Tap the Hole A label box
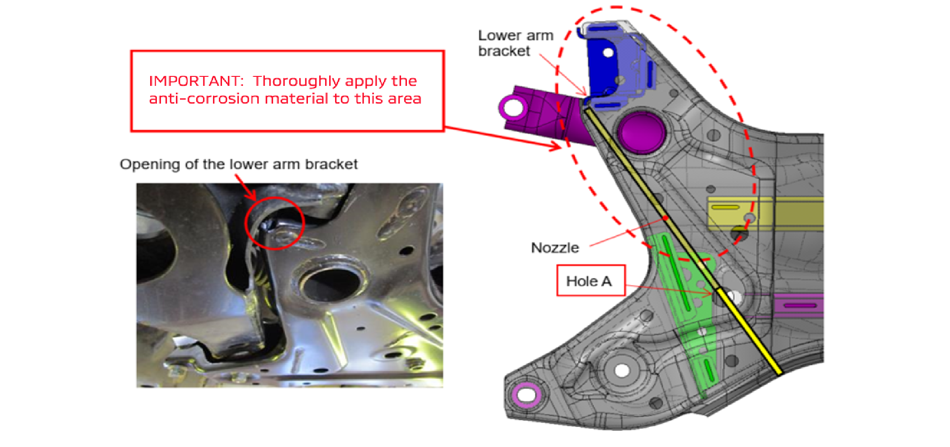pos(590,281)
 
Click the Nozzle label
pos(555,248)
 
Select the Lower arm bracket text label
pos(515,43)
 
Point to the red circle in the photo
pos(274,223)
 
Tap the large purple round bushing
pos(642,133)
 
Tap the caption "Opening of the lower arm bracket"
pos(238,164)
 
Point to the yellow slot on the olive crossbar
pos(725,207)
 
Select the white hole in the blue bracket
pos(608,52)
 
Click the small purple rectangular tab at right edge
pos(799,306)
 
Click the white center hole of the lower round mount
pos(622,371)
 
